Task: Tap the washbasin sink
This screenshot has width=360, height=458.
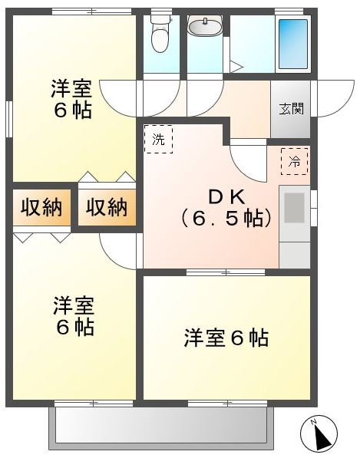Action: click(205, 25)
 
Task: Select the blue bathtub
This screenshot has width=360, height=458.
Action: click(292, 44)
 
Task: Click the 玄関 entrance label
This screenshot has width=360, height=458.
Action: click(292, 109)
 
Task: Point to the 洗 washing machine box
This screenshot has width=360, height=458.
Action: click(159, 139)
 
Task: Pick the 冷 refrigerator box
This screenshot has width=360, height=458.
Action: click(295, 161)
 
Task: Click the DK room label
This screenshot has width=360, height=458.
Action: click(226, 198)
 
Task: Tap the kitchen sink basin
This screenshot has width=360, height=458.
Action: click(294, 208)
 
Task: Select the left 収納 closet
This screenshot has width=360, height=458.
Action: click(41, 207)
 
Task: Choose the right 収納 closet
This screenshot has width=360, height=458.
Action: click(107, 207)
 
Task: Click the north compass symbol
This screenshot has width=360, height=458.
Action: click(319, 433)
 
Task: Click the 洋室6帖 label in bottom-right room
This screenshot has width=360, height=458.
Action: click(226, 338)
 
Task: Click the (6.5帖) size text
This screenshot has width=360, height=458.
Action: click(226, 219)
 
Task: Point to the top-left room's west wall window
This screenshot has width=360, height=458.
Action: click(9, 119)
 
